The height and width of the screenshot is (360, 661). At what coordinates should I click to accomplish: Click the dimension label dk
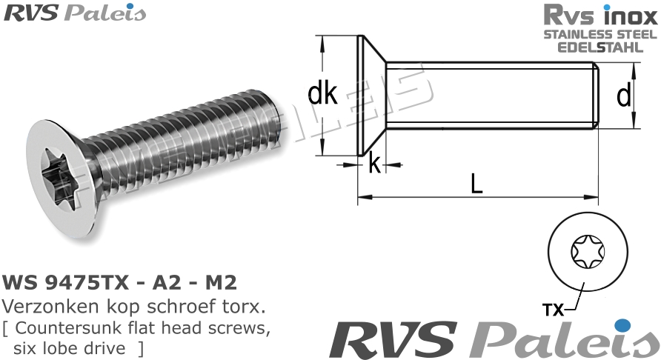pos(322,95)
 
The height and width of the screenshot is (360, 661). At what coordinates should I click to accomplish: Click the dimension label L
pos(476,182)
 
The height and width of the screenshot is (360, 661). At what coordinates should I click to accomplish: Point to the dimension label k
pos(375,164)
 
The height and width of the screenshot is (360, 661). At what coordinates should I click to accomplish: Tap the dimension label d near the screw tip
pos(624,96)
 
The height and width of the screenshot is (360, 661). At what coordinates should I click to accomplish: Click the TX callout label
pos(553,310)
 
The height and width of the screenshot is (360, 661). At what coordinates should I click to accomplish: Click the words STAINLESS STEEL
pos(600,35)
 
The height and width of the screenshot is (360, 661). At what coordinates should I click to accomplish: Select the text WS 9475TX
pos(56,284)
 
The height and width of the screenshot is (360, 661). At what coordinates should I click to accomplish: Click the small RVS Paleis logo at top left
pos(74,13)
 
